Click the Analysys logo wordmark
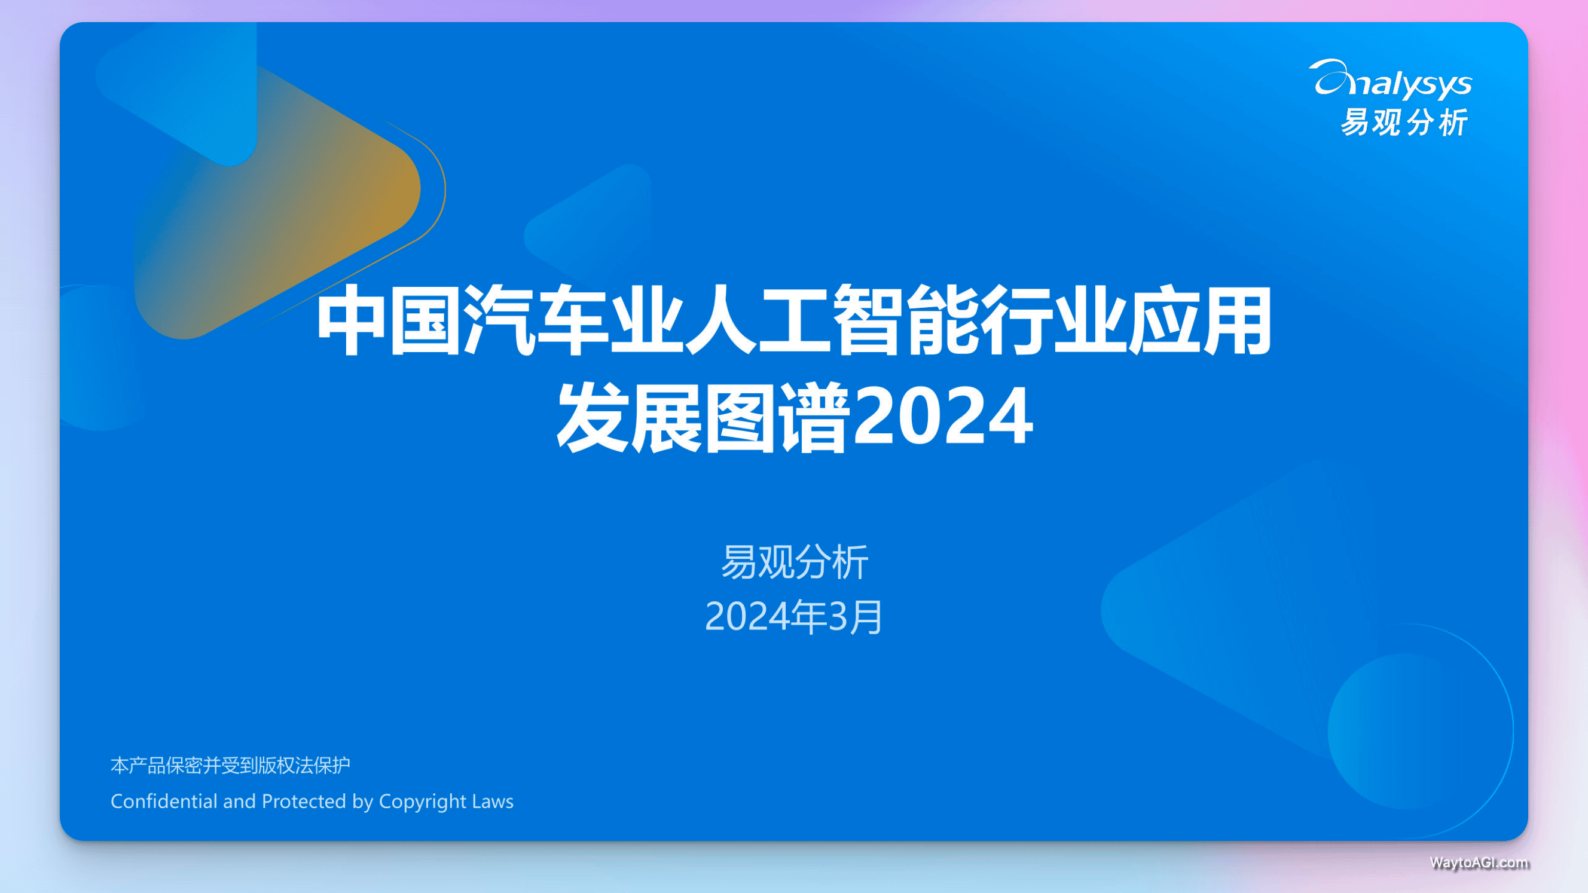point(1390,80)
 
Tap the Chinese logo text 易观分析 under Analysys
point(1404,122)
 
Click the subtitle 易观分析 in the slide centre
point(795,562)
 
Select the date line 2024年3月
point(794,616)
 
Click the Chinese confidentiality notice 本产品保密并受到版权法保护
point(231,765)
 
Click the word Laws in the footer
point(493,800)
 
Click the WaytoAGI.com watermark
point(1480,862)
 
